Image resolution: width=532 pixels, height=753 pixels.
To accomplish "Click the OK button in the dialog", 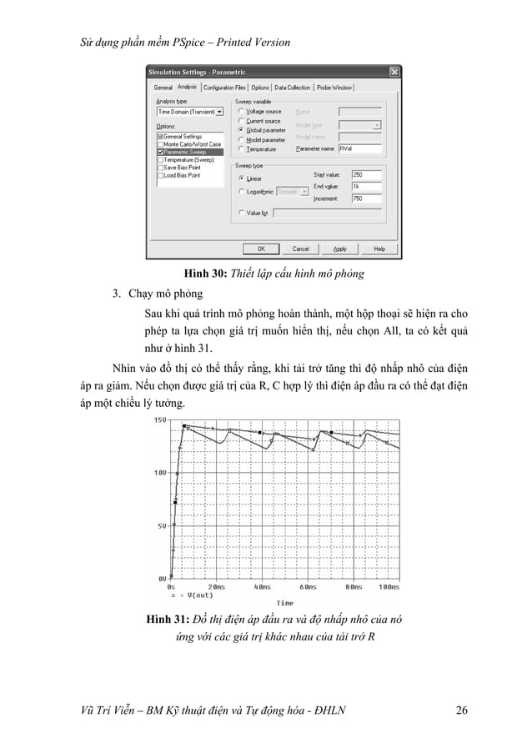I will point(261,248).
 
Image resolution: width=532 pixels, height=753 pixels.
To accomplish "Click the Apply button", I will point(340,248).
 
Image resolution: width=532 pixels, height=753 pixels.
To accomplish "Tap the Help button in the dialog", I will point(379,248).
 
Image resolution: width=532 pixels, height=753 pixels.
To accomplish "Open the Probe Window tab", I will point(336,87).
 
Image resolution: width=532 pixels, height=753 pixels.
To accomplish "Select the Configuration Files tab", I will point(224,87).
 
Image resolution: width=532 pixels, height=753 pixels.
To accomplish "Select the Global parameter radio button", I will point(241,130).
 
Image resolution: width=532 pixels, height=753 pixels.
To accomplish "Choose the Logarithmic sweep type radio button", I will point(241,191).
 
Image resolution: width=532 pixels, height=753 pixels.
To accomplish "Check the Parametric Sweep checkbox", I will point(160,152).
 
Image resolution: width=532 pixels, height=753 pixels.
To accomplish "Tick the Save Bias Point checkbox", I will point(160,168).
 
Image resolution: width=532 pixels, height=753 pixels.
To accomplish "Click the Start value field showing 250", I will point(366,174).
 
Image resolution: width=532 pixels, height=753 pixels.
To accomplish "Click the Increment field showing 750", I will point(366,198).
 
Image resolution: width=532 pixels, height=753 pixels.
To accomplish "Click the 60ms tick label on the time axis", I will point(307,586).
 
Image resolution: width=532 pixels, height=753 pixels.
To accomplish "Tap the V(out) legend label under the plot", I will point(200,595).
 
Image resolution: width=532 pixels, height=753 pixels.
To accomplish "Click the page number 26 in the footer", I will point(461,710).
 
